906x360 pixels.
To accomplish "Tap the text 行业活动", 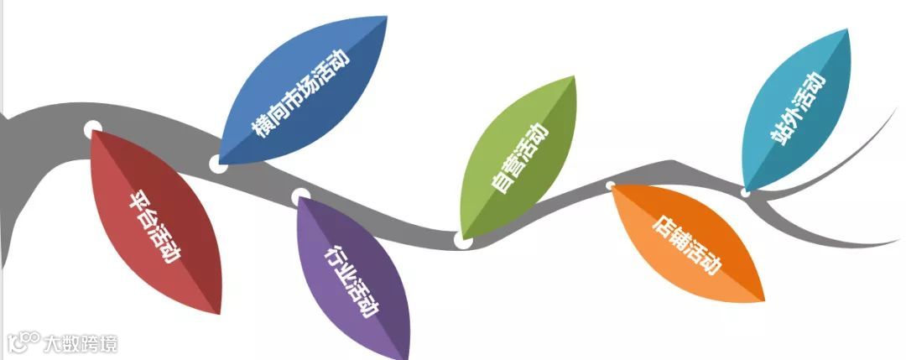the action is pos(350,281).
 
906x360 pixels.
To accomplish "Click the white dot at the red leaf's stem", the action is pos(93,129).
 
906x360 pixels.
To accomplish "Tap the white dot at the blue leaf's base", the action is pos(217,163).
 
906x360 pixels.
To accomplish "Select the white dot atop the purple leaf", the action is pos(300,196).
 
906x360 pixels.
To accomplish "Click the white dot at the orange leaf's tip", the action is pos(611,185).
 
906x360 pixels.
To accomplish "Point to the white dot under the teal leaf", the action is pos(745,192).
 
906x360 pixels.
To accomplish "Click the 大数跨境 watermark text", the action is pos(81,343).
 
